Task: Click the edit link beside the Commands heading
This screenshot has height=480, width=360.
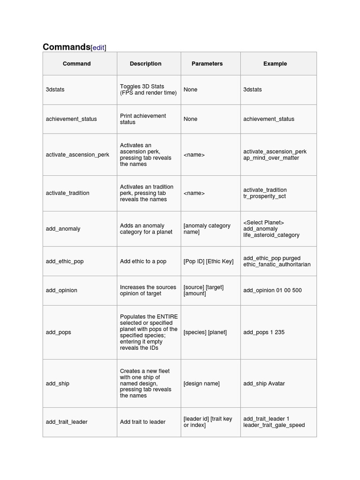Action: click(x=98, y=48)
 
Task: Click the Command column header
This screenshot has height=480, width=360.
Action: click(x=77, y=64)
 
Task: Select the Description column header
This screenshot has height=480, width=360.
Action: click(x=145, y=64)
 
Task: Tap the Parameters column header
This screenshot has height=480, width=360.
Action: click(x=207, y=64)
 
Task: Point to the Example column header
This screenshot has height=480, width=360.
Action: click(x=275, y=64)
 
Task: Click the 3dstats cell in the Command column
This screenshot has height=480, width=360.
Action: click(x=55, y=90)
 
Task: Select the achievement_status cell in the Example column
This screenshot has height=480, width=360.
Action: click(x=269, y=119)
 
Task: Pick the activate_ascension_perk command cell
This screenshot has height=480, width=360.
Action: click(x=77, y=155)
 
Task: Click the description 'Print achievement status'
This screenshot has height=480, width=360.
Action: click(x=143, y=119)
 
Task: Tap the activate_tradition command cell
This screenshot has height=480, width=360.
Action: click(x=67, y=193)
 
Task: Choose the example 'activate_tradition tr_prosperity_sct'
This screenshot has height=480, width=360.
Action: click(x=265, y=193)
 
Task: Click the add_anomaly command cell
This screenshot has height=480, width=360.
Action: click(x=63, y=229)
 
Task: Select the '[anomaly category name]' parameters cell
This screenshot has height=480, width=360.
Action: click(x=207, y=229)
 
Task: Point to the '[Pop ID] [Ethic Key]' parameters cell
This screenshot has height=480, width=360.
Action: click(x=208, y=262)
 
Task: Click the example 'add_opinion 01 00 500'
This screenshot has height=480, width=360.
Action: click(x=272, y=291)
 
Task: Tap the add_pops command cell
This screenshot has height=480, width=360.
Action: click(x=59, y=332)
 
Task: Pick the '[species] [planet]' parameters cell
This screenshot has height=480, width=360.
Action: click(x=205, y=332)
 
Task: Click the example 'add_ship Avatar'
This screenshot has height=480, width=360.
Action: click(x=264, y=383)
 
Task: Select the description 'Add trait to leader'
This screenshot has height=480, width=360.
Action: click(x=142, y=422)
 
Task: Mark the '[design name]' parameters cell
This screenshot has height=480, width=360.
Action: click(x=202, y=383)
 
